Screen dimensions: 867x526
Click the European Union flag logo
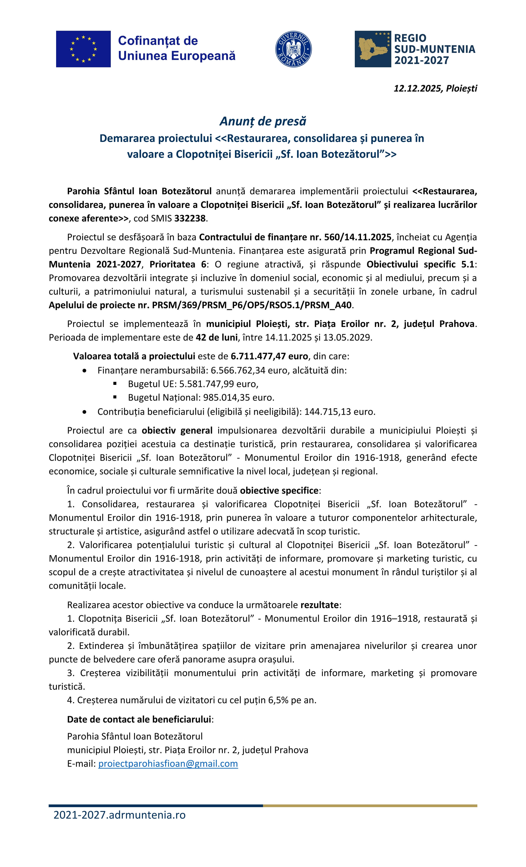83,49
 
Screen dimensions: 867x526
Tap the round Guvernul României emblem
293,49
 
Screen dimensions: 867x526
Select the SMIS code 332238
190,219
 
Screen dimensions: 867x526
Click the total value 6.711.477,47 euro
269,356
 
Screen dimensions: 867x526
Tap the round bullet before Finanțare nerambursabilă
84,371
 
